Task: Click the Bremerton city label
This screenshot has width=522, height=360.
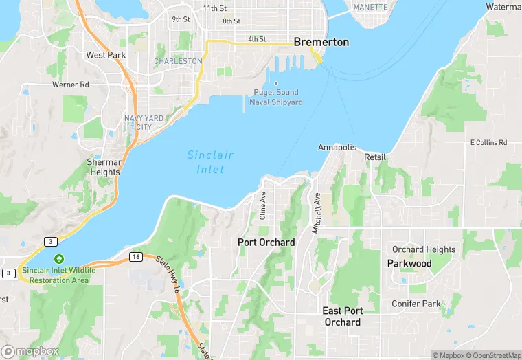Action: tap(321, 42)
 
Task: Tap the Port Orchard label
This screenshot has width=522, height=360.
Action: tap(266, 243)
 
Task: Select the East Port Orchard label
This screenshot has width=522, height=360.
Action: tap(342, 317)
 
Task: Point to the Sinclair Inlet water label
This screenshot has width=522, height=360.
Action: tap(210, 162)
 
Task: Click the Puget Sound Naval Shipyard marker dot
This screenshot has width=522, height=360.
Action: tap(276, 85)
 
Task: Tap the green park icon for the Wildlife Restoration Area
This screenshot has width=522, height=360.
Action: tap(59, 259)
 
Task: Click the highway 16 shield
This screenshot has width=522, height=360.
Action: tap(135, 256)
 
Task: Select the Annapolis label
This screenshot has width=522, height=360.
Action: tap(337, 148)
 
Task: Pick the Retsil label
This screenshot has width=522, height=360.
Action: tap(375, 157)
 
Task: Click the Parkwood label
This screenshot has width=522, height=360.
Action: tap(409, 264)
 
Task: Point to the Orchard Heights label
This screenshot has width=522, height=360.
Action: tap(423, 249)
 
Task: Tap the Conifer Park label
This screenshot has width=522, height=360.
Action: tap(416, 304)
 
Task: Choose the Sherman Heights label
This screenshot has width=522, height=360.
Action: tap(104, 167)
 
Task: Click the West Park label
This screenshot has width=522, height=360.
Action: tap(105, 55)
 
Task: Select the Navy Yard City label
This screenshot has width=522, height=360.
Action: tap(144, 122)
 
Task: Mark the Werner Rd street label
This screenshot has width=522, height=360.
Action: tap(71, 85)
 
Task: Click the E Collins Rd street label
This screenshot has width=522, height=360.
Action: tap(488, 143)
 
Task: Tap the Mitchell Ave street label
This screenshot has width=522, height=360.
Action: tap(317, 213)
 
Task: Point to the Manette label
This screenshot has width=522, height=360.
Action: tap(370, 7)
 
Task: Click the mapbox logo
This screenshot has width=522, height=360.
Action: tap(30, 351)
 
